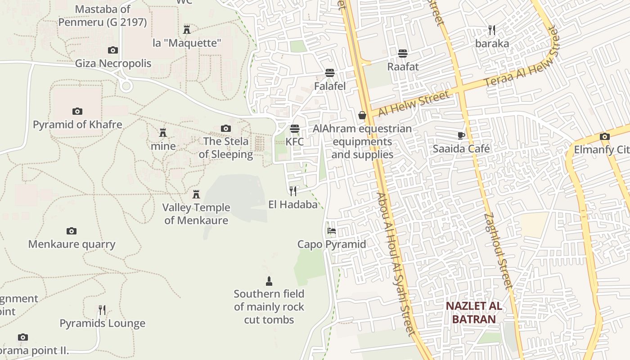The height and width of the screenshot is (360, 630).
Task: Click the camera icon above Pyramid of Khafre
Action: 77,111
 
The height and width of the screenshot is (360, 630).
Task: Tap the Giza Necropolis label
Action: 113,63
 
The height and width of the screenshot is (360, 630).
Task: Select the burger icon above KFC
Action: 295,129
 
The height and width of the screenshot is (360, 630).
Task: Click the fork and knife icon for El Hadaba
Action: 293,191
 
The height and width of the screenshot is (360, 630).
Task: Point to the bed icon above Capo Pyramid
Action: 332,231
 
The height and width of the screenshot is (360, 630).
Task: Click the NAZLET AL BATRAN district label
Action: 473,313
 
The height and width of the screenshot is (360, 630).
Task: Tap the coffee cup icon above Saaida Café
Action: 461,135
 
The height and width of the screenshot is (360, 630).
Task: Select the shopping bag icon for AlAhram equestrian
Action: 362,116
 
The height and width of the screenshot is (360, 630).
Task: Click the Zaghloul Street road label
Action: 498,250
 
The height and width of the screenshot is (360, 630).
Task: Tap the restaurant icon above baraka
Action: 492,30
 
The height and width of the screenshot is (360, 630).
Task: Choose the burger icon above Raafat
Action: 403,54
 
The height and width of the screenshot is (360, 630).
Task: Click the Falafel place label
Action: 330,86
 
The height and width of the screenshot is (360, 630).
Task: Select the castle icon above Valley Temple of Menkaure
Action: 196,194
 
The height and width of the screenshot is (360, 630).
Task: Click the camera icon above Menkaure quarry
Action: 72,231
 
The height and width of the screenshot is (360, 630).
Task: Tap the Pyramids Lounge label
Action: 103,323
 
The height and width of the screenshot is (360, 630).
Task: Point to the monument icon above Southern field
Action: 269,281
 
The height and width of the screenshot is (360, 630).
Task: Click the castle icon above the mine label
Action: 163,133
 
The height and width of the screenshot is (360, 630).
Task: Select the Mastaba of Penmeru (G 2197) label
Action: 103,15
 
